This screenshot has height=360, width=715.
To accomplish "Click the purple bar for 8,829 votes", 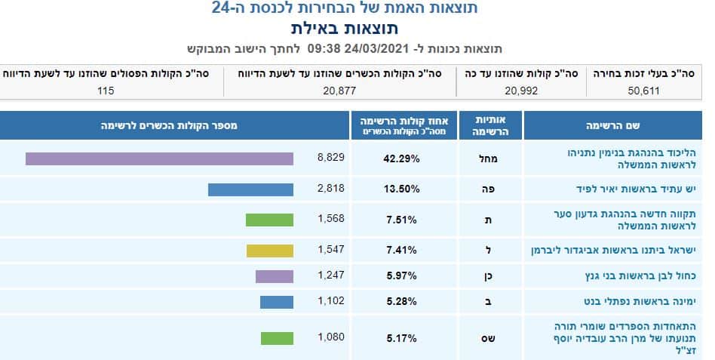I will (159, 158).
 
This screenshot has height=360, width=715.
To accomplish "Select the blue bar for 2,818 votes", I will (250, 189).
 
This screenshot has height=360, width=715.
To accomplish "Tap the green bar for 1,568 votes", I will (269, 220).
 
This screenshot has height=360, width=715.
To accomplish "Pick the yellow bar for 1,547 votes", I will (269, 251).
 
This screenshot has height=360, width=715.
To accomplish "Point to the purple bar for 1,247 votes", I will (275, 276).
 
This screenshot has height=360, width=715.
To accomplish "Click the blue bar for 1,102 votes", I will (277, 302).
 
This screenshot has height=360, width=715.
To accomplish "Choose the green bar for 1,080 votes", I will (277, 337).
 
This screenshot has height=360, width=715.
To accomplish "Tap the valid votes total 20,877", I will (339, 91).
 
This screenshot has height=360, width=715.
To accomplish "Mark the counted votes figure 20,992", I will (520, 91).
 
